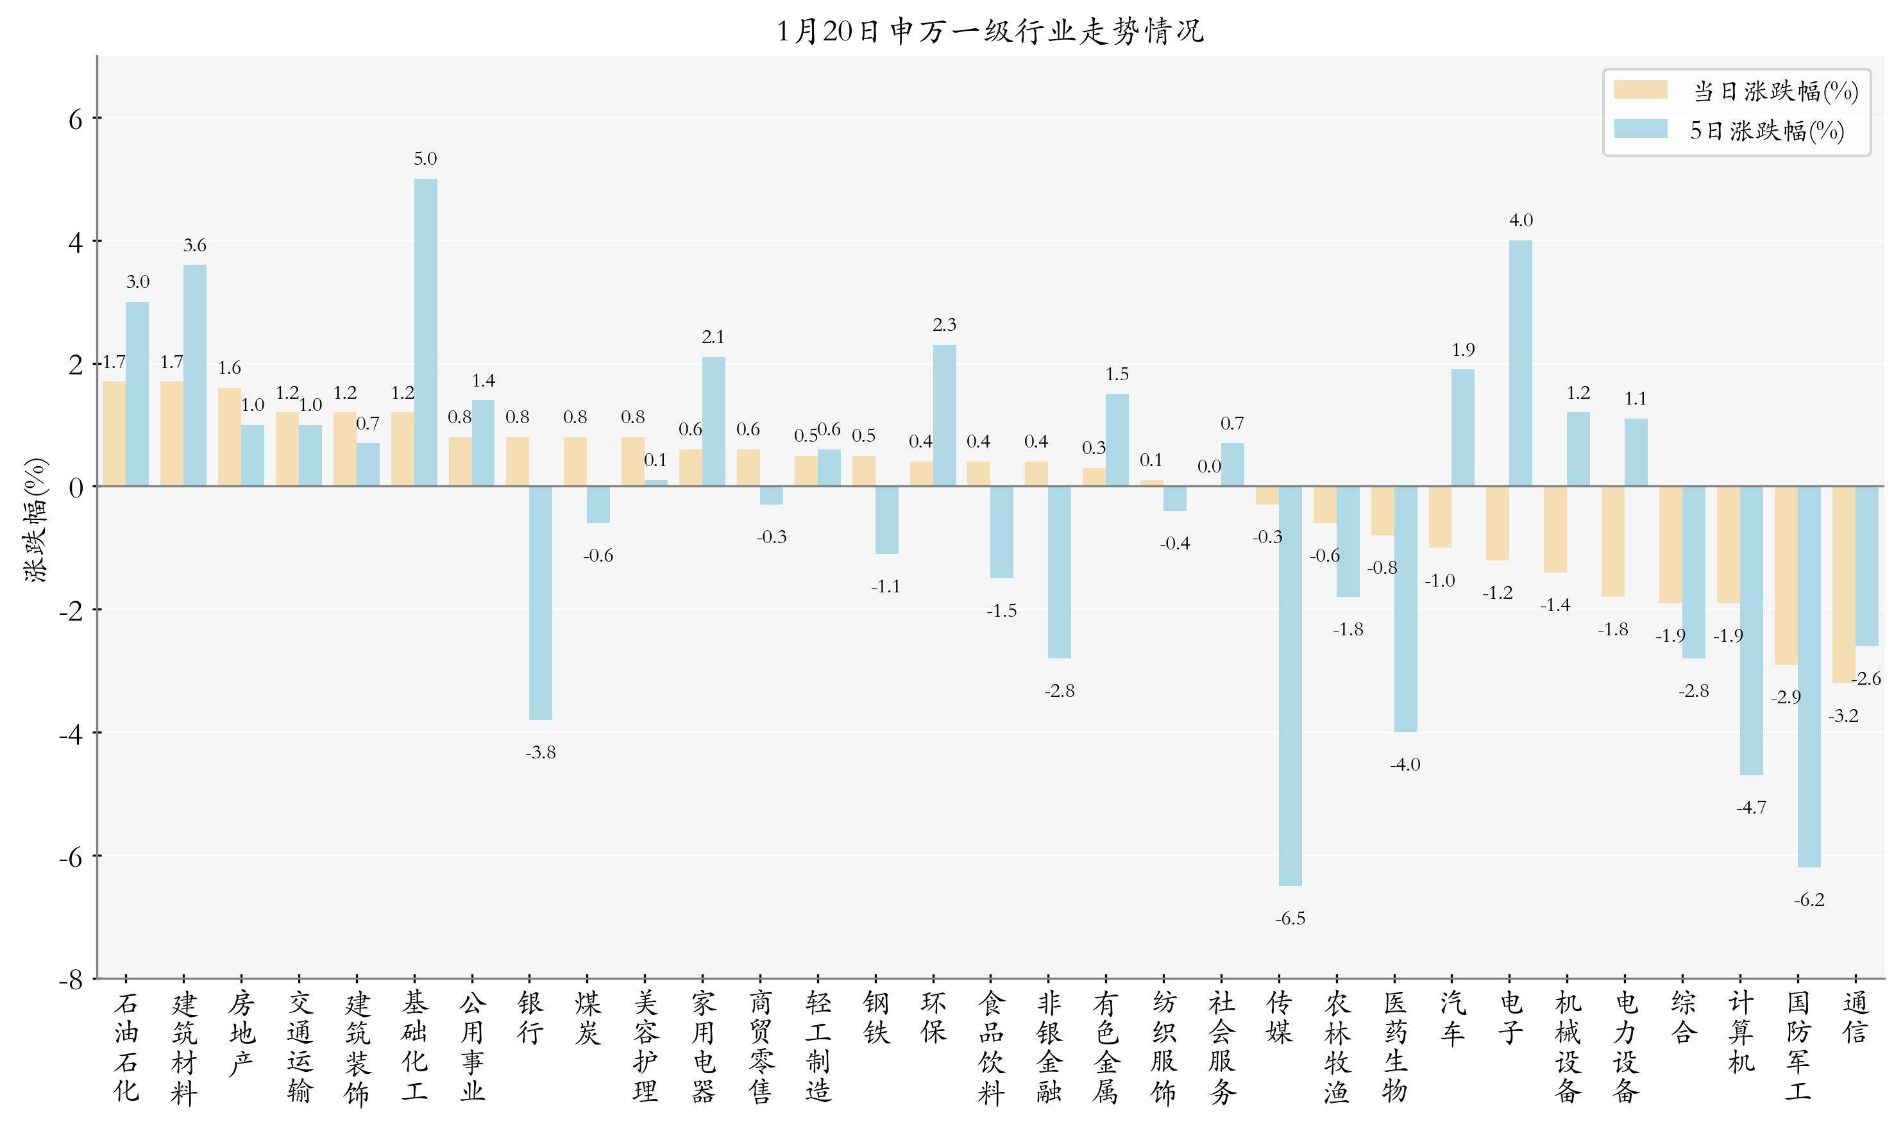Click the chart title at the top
[x=990, y=31]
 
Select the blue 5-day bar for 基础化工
[x=425, y=333]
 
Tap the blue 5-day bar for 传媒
[x=1290, y=685]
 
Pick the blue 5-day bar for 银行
[x=540, y=603]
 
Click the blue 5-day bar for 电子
[x=1520, y=363]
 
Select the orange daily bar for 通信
[x=1843, y=583]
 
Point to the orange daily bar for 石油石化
[x=114, y=433]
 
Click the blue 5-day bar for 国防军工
[x=1809, y=676]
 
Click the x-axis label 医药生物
[x=1395, y=1047]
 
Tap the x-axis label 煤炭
[x=588, y=1018]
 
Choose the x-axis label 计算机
[x=1740, y=1032]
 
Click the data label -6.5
[x=1290, y=918]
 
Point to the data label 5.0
[x=425, y=159]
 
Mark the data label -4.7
[x=1751, y=807]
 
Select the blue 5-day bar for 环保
[x=944, y=415]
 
